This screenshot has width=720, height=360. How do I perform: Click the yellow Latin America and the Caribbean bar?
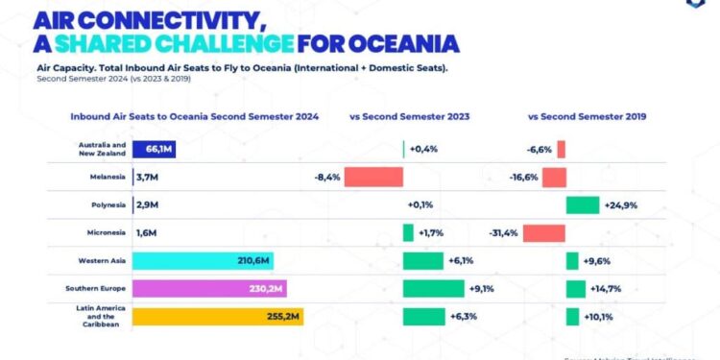pyautogui.click(x=217, y=317)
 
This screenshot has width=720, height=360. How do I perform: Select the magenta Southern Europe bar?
pyautogui.click(x=209, y=288)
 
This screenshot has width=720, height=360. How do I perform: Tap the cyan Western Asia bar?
pyautogui.click(x=203, y=260)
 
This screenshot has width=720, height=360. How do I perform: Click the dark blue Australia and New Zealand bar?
pyautogui.click(x=153, y=149)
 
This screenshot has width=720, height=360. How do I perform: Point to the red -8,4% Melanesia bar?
pyautogui.click(x=373, y=178)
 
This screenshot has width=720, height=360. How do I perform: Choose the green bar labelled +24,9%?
pyautogui.click(x=583, y=205)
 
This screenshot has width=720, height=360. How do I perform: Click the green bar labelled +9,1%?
pyautogui.click(x=432, y=288)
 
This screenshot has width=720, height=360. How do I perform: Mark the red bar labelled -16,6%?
pyautogui.click(x=554, y=178)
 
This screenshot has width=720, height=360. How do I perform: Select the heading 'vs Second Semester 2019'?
pyautogui.click(x=587, y=117)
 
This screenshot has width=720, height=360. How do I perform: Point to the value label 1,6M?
pyautogui.click(x=147, y=233)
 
